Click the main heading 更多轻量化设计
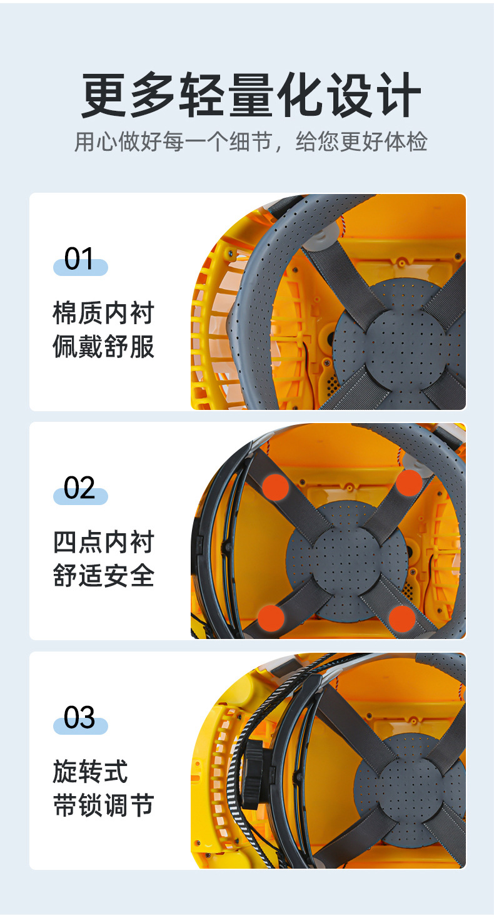tap(250, 96)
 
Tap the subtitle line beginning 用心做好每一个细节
tap(250, 141)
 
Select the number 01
tap(79, 259)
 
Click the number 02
tap(79, 488)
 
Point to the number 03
tap(79, 717)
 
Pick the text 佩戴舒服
tap(103, 347)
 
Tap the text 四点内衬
tap(103, 543)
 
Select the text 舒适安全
tap(103, 576)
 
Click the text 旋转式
tap(90, 772)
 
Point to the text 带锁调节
tap(103, 805)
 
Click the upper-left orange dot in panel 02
tap(275, 487)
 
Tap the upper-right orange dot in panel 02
tap(409, 483)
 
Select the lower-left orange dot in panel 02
tap(271, 618)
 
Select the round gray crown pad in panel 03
tap(410, 789)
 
